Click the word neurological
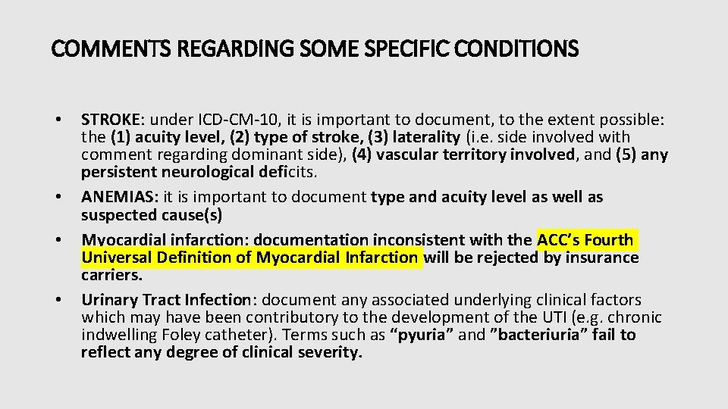[201, 172]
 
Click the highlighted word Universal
[116, 258]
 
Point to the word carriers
[111, 275]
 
